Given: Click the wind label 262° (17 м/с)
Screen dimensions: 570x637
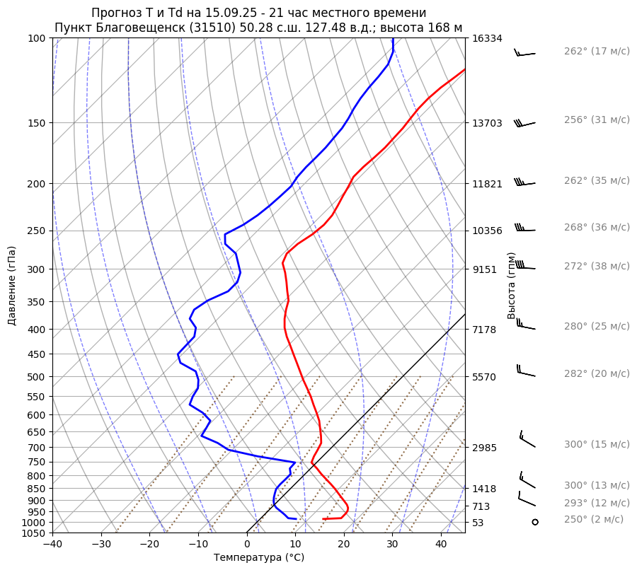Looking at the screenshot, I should pyautogui.click(x=597, y=51).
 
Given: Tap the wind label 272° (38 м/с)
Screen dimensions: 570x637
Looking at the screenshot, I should pyautogui.click(x=597, y=266).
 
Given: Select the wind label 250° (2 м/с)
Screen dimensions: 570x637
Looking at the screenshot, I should pyautogui.click(x=594, y=519).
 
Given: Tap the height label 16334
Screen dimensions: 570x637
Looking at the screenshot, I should pyautogui.click(x=487, y=38).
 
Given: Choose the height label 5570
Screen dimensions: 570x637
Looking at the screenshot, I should pyautogui.click(x=484, y=377).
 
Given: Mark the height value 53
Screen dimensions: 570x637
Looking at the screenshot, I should pyautogui.click(x=478, y=523).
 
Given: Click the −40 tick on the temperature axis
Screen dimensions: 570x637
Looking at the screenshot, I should pyautogui.click(x=52, y=545).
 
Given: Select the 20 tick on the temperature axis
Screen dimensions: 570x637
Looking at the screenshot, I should pyautogui.click(x=344, y=545).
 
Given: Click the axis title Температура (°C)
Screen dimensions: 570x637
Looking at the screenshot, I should pyautogui.click(x=259, y=558).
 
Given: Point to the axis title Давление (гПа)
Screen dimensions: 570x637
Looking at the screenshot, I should pyautogui.click(x=12, y=286).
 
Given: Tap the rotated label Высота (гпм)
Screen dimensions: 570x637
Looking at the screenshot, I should pyautogui.click(x=512, y=286).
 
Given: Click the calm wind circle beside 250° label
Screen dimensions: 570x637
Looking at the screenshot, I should pyautogui.click(x=534, y=522).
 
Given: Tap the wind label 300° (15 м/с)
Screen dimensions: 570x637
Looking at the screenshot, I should pyautogui.click(x=597, y=444).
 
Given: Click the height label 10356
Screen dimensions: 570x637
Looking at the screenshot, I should pyautogui.click(x=487, y=231).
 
